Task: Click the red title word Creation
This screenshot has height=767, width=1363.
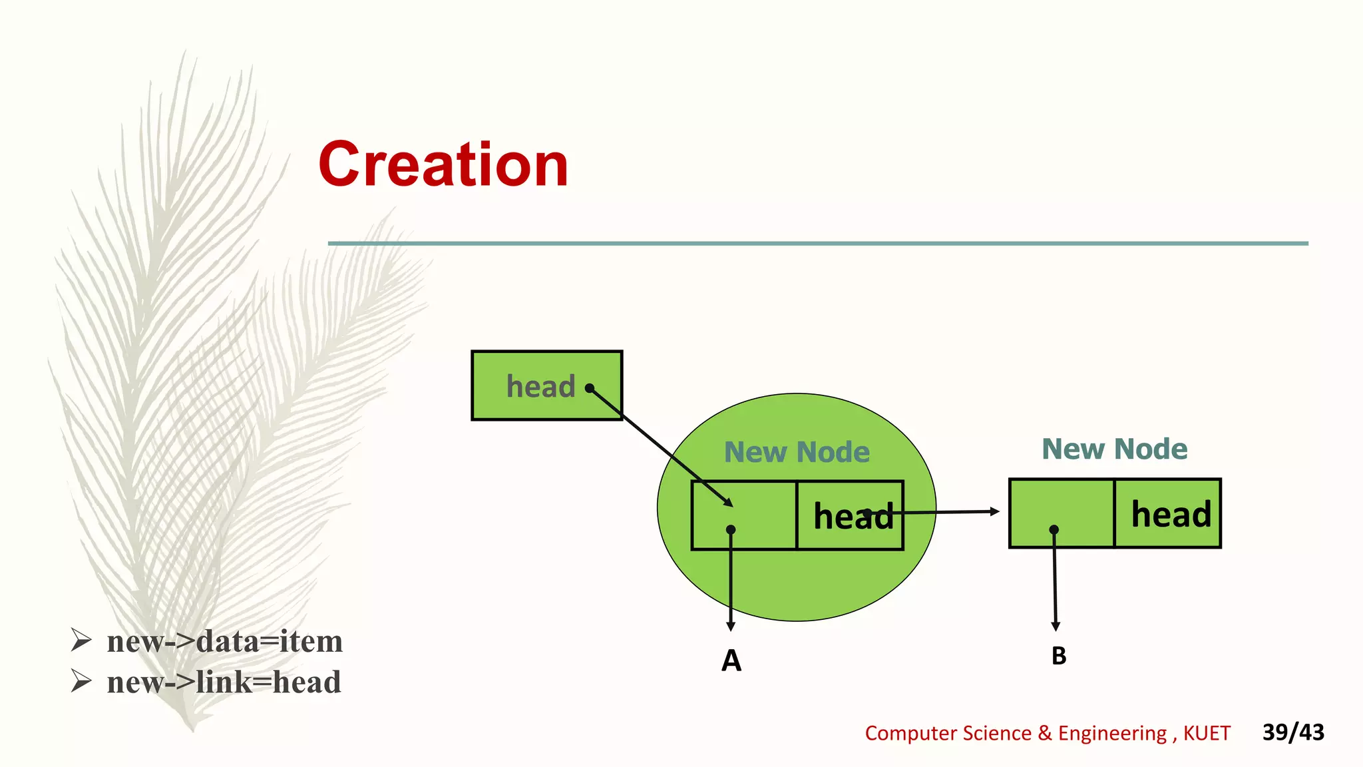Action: [x=443, y=164]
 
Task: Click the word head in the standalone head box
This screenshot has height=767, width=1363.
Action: [x=540, y=387]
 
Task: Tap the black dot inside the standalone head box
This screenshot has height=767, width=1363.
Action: [x=590, y=388]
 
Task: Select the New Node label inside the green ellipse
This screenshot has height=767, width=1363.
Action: [x=797, y=452]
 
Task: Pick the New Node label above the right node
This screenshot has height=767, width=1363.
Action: [x=1115, y=449]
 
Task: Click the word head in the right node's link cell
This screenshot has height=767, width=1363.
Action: [x=1171, y=515]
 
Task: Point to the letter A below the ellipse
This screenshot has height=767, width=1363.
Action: [x=731, y=660]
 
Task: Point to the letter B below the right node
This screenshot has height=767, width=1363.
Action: [x=1059, y=656]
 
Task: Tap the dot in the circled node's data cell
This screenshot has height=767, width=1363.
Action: [x=731, y=530]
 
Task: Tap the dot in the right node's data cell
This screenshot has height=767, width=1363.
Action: [x=1054, y=530]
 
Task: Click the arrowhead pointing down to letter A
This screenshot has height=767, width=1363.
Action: [x=731, y=627]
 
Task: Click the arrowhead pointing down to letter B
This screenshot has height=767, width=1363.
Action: [x=1056, y=627]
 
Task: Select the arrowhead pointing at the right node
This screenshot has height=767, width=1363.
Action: [x=995, y=511]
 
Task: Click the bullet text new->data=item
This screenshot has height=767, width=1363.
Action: [x=224, y=641]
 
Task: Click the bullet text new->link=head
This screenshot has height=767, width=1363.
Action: [x=224, y=682]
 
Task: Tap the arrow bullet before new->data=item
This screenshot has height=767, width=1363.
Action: [x=81, y=640]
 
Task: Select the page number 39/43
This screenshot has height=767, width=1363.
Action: [x=1293, y=732]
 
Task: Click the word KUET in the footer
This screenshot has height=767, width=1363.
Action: [x=1207, y=733]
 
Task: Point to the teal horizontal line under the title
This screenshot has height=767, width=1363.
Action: [x=818, y=244]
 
